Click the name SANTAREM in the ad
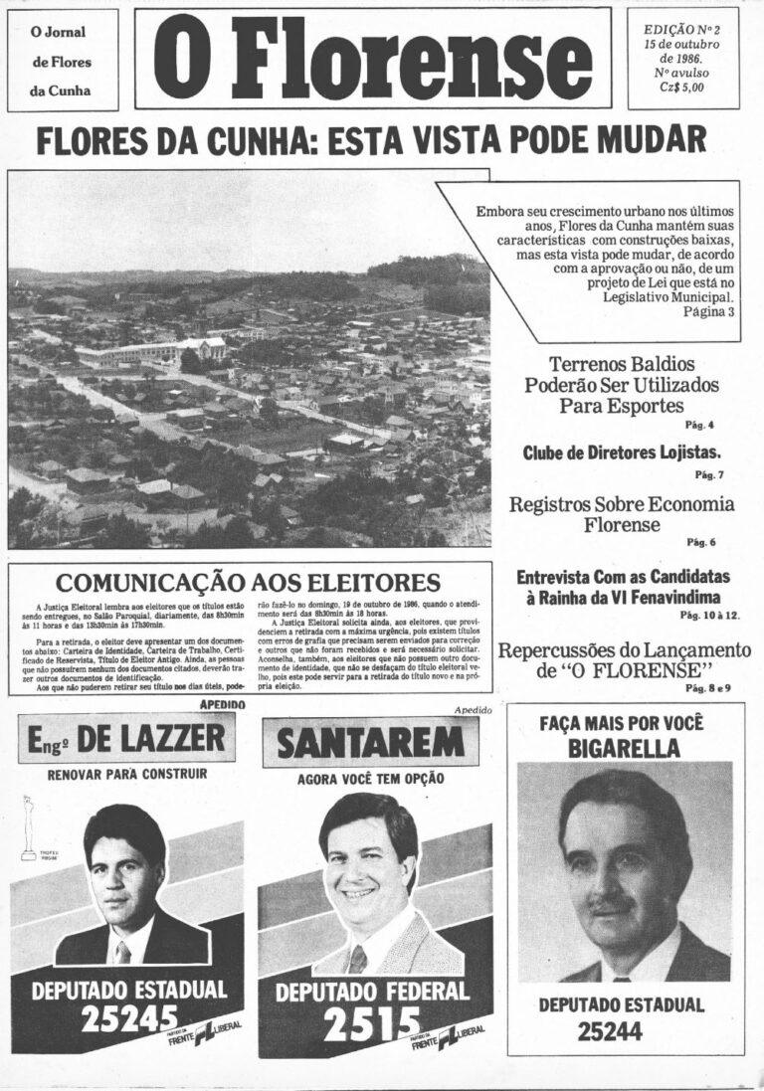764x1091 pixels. pyautogui.click(x=370, y=742)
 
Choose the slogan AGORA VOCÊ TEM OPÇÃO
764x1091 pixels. pyautogui.click(x=370, y=778)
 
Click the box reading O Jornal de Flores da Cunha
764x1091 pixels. pyautogui.click(x=62, y=62)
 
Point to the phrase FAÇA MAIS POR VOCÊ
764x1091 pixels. pyautogui.click(x=624, y=723)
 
